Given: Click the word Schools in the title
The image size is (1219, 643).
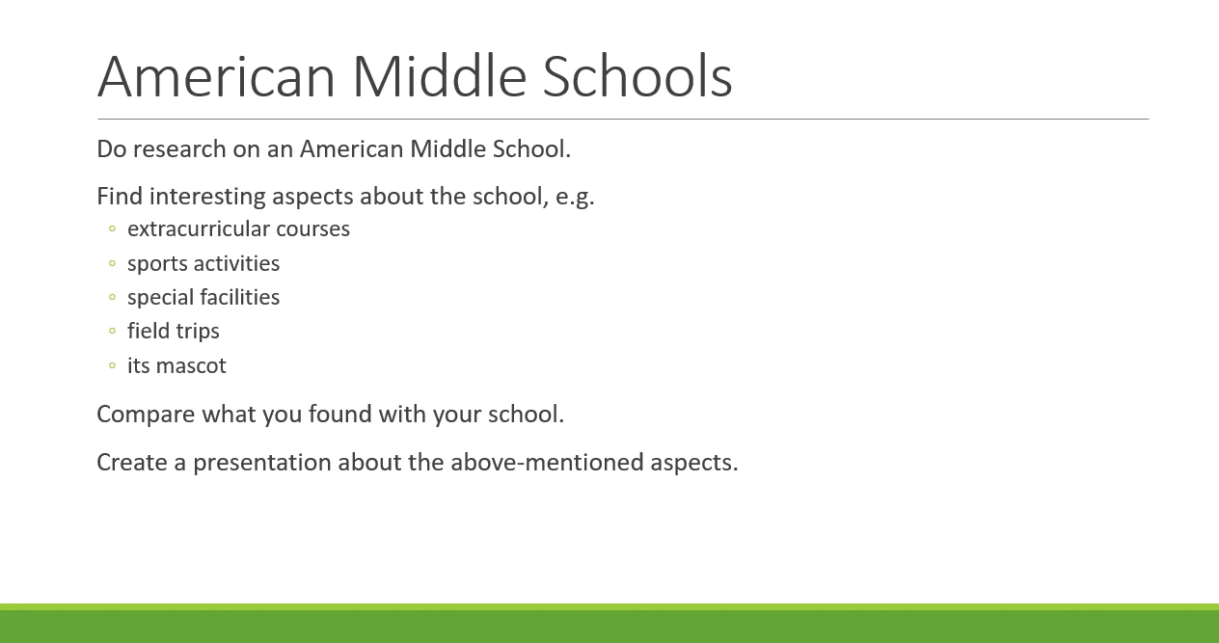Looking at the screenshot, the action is point(637,76).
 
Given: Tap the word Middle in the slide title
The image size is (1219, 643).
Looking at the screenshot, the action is point(440,76).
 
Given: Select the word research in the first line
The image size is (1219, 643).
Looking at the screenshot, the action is point(179,149).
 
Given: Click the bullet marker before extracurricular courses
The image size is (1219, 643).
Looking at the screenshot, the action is point(112,228).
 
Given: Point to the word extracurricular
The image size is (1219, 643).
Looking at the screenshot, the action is point(199,229).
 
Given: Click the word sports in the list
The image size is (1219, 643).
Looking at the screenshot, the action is point(157,264).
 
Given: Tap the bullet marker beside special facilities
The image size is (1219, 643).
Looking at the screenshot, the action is point(112,297).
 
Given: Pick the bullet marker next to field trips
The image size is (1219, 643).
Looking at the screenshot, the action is point(112,331).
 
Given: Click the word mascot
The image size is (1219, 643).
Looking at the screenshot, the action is point(191,366).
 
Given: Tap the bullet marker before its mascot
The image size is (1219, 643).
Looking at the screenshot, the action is point(112,365).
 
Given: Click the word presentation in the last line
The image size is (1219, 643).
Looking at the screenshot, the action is point(262,463).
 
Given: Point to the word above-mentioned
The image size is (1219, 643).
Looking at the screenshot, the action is point(548,463).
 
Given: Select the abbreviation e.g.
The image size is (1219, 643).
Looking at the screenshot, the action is point(575,198).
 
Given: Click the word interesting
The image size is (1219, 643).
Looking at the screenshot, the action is point(207,197).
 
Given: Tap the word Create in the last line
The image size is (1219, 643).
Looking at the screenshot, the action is point(132,463).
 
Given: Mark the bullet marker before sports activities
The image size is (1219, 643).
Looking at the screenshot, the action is point(112,263).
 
